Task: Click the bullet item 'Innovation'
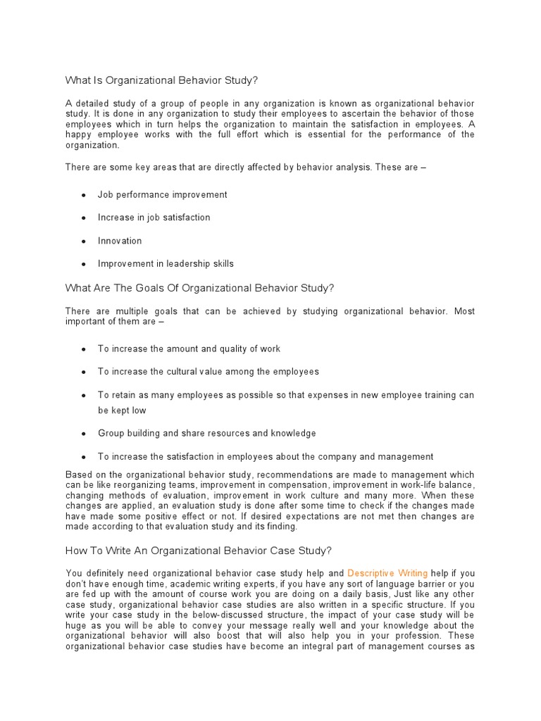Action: click(120, 241)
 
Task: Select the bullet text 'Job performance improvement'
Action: click(163, 194)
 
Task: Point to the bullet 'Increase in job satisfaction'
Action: click(154, 218)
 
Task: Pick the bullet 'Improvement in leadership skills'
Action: click(166, 264)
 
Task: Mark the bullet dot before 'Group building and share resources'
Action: click(84, 434)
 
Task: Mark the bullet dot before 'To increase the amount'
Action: click(84, 349)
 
